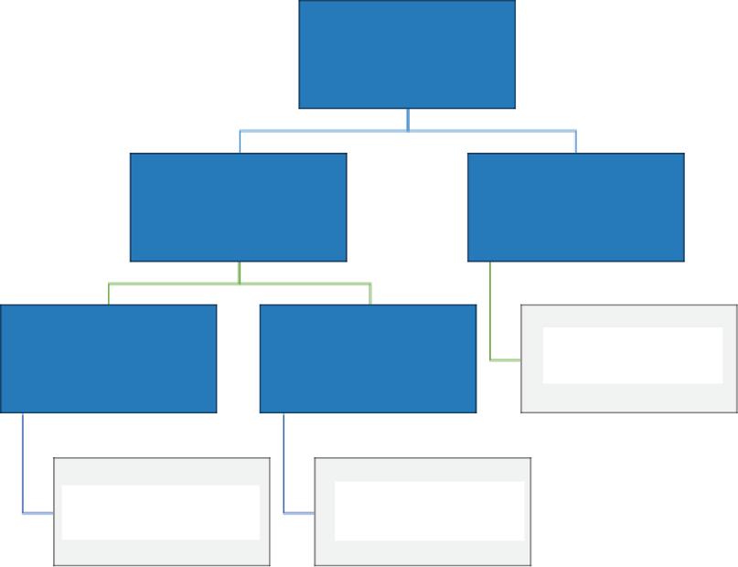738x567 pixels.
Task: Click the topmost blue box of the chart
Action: coord(407,54)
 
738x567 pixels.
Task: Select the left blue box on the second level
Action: coord(238,207)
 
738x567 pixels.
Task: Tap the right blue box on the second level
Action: coord(575,207)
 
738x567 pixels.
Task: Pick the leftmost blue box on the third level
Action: coord(108,358)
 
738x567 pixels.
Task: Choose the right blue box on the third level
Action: coord(368,358)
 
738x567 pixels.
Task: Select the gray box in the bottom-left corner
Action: coord(162,555)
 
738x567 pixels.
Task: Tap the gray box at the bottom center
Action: coord(422,555)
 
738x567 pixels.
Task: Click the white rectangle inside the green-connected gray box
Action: coord(633,355)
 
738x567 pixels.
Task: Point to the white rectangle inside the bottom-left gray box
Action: coord(161,512)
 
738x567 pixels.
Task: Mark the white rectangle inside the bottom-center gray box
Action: coord(430,510)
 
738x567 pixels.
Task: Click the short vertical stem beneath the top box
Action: coord(408,120)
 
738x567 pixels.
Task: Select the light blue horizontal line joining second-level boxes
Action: coord(320,131)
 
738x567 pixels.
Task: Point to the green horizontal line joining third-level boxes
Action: coord(174,284)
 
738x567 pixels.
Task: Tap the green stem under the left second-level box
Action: coord(240,273)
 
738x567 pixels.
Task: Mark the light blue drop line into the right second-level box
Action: coord(576,142)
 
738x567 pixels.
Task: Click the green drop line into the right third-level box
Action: coord(370,294)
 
